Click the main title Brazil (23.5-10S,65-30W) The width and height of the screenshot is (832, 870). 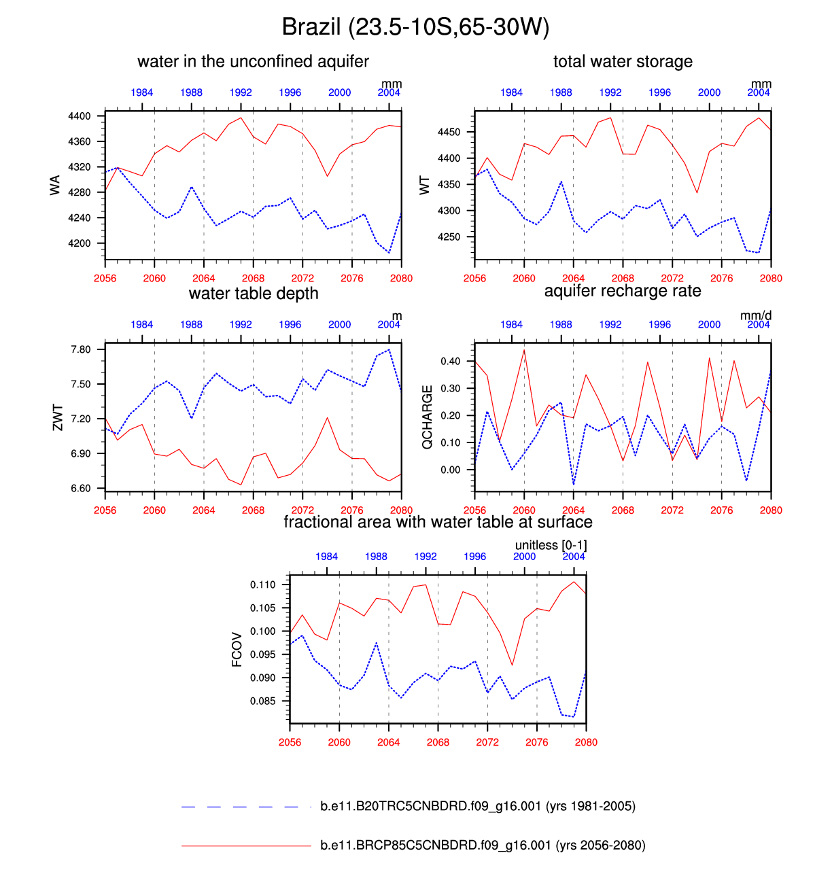415,27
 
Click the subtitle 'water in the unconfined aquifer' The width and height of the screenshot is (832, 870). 253,62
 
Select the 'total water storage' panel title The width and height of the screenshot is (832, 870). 623,62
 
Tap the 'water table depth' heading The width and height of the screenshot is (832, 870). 254,294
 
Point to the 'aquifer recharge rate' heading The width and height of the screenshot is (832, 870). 623,292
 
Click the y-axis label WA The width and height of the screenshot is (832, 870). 55,185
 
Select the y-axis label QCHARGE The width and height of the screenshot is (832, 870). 427,417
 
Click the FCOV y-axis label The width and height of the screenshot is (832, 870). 237,649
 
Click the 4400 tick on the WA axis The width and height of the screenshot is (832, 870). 80,116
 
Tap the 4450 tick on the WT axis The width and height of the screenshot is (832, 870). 449,132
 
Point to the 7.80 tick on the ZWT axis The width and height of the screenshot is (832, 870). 81,349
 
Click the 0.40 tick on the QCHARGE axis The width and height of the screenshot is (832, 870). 451,361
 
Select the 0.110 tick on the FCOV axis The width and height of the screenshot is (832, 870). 263,585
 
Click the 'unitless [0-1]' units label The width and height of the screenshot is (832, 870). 551,545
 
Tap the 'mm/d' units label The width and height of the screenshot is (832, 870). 756,315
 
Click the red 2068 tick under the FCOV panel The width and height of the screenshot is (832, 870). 438,742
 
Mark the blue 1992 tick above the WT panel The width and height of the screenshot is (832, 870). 610,92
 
